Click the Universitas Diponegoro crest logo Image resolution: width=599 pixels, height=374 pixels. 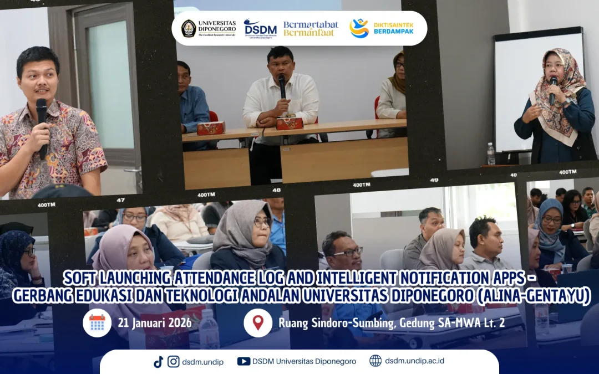point(189,28)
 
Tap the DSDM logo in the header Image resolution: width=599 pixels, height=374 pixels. point(260,28)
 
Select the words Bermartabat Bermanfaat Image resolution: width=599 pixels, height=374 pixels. point(311,28)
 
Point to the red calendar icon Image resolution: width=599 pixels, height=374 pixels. point(97,322)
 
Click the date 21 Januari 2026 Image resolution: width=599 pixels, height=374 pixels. point(155,323)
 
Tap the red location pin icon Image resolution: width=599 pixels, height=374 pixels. point(258,322)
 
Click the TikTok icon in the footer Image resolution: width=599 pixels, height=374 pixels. point(159,361)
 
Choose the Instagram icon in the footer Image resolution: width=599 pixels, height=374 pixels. point(174,361)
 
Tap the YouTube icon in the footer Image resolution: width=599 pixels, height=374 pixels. point(243,361)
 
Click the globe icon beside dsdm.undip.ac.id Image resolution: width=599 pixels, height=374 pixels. point(375,361)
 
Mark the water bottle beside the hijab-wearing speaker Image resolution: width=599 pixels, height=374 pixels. point(491,153)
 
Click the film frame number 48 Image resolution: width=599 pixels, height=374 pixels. point(276,190)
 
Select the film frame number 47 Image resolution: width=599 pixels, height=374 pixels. point(121,200)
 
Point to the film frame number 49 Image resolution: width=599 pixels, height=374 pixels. point(434,180)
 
